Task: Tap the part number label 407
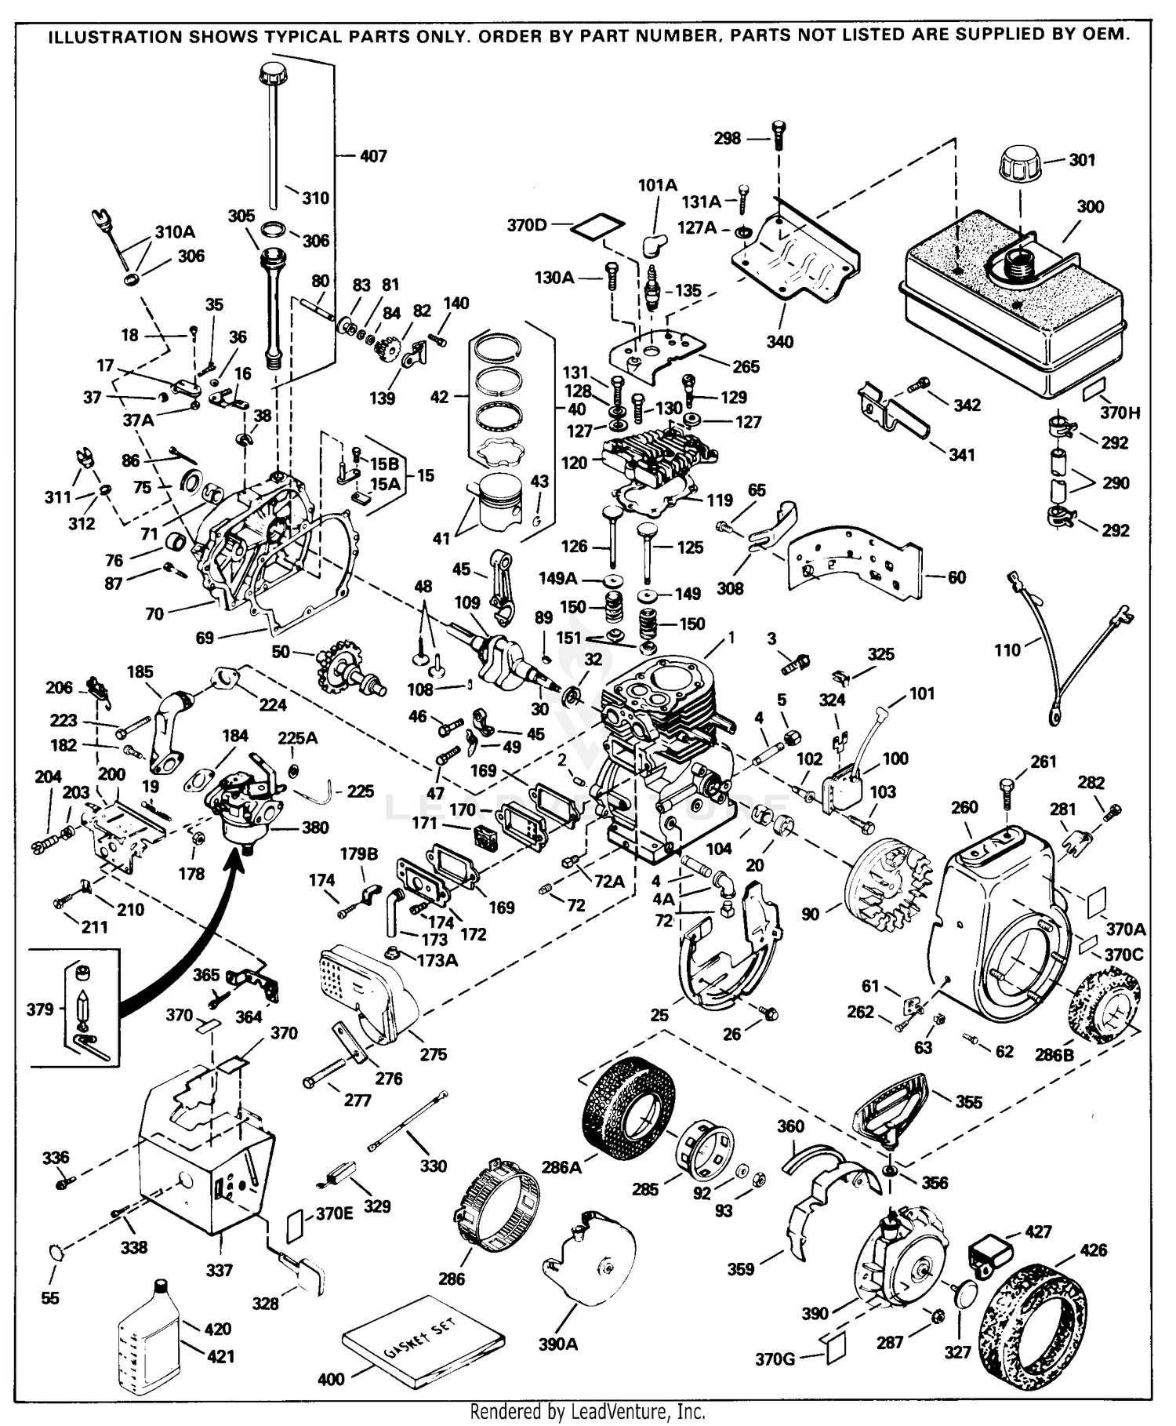(x=373, y=156)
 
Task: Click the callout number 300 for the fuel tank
(x=1090, y=206)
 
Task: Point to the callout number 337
(x=219, y=1269)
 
